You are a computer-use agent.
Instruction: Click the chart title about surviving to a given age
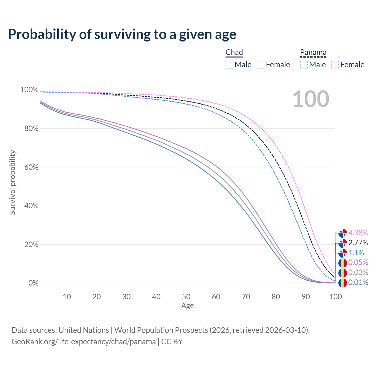[122, 34]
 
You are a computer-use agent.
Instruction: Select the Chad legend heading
[234, 52]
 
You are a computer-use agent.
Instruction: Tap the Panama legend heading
[313, 52]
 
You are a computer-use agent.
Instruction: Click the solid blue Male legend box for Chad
[229, 65]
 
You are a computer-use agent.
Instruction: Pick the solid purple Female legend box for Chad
[261, 65]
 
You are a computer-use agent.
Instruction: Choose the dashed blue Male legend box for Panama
[304, 65]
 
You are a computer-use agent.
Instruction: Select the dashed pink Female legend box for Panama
[335, 65]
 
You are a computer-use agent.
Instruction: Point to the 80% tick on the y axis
[29, 129]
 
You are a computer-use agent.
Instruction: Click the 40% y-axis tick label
[29, 206]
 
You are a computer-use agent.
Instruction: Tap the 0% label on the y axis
[33, 283]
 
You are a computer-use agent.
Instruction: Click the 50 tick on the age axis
[186, 297]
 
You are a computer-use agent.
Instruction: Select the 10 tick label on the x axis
[67, 297]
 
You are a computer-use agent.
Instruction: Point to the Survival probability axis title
[12, 182]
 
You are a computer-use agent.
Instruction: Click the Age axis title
[187, 306]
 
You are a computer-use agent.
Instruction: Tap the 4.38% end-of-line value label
[358, 233]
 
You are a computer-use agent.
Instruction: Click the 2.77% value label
[358, 243]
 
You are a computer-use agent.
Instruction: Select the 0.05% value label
[358, 262]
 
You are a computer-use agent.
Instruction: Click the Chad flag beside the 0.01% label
[343, 283]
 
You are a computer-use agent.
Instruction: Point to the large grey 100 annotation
[311, 99]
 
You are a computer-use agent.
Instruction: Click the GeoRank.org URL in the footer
[83, 342]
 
